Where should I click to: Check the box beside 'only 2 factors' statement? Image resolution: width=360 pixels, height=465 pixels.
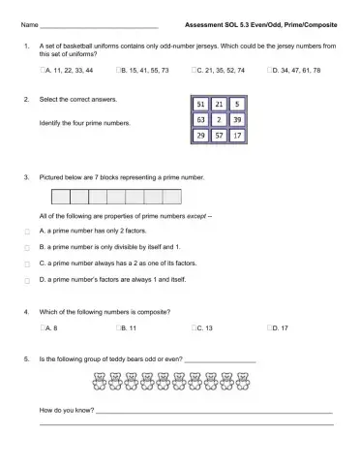click(26, 232)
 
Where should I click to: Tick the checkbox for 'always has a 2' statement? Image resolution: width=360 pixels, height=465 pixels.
click(26, 264)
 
